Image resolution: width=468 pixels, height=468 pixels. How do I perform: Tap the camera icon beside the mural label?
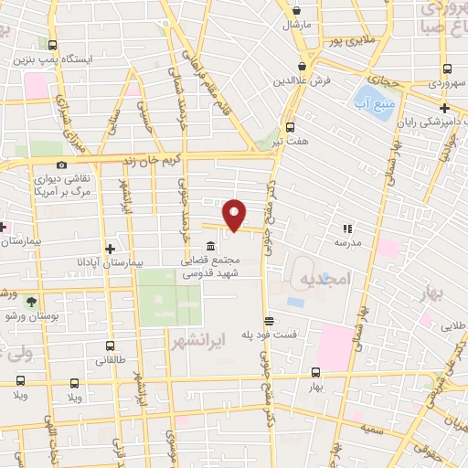(x=60, y=165)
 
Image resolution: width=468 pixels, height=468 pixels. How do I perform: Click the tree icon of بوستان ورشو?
(x=32, y=301)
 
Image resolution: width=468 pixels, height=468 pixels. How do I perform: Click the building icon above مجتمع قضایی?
(x=211, y=246)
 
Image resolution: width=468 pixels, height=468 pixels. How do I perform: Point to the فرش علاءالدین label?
(x=301, y=80)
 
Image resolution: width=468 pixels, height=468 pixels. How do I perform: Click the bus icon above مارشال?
(x=295, y=9)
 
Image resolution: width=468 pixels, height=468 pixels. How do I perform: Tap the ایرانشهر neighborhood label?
(x=197, y=340)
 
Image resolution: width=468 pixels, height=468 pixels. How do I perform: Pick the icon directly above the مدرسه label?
(x=347, y=229)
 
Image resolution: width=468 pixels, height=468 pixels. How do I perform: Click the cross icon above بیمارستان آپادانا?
(x=110, y=248)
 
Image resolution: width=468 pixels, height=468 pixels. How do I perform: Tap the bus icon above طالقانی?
(x=110, y=347)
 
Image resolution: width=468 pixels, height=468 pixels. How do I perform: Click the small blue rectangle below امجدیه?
(x=295, y=302)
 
